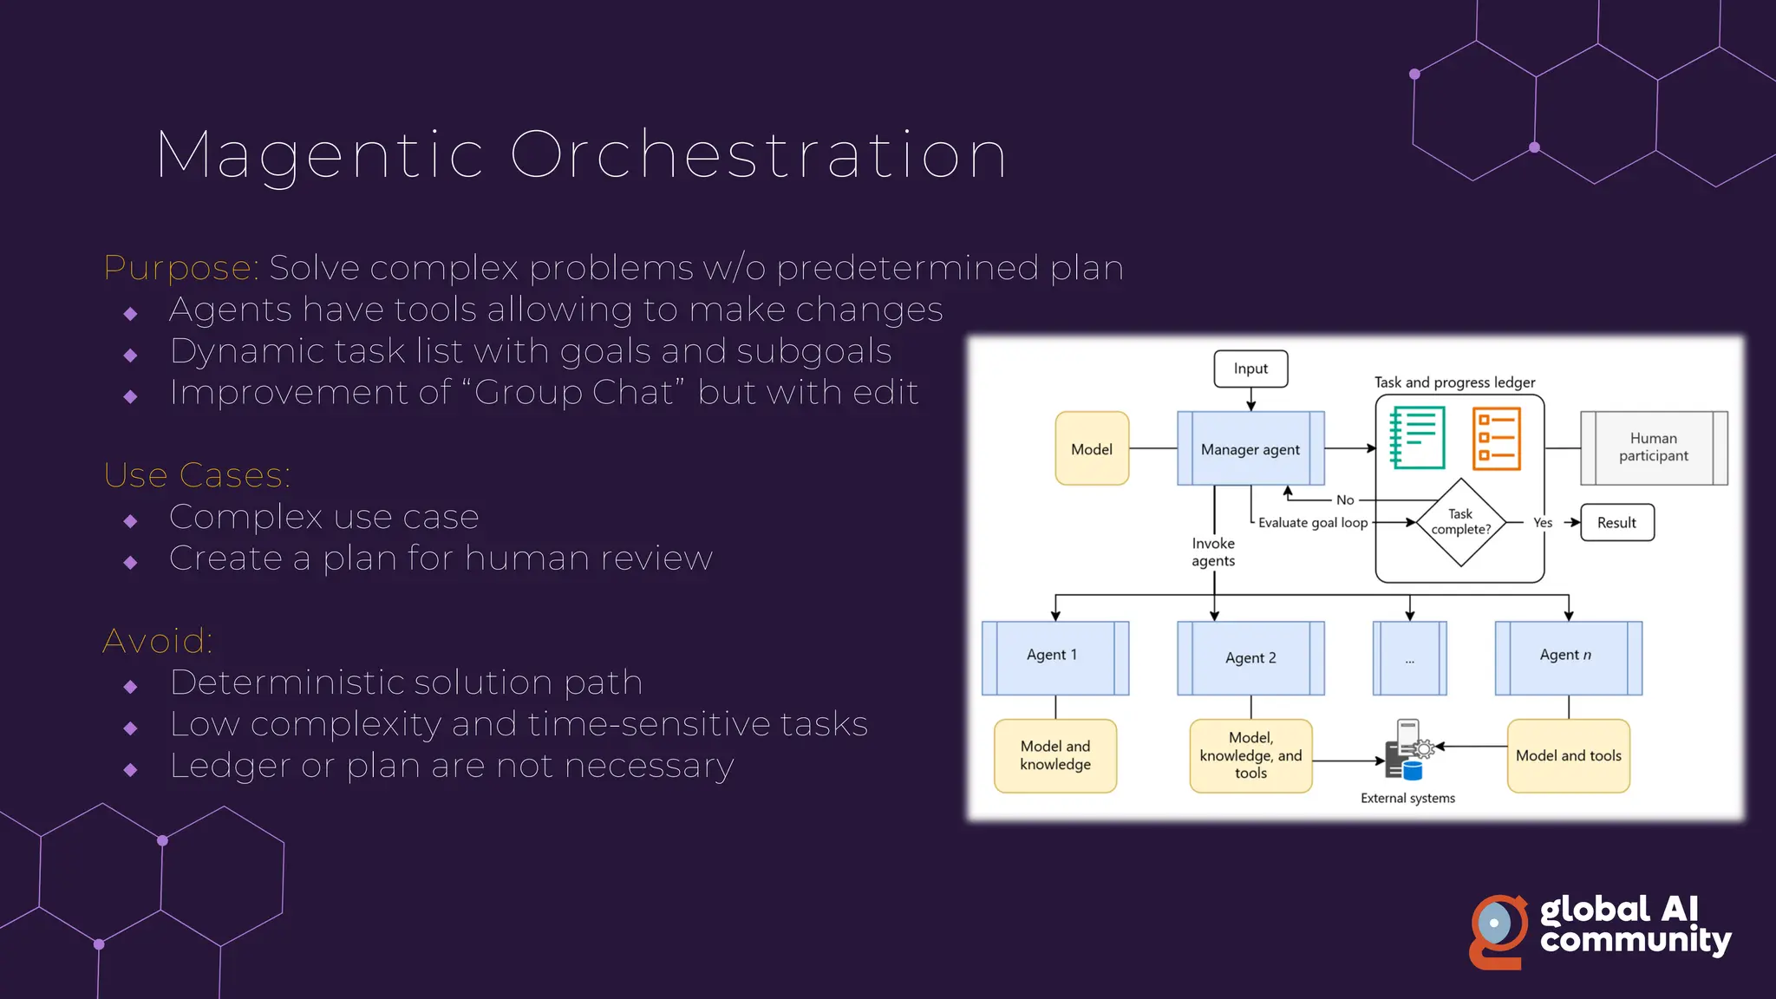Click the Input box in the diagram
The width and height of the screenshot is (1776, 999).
pyautogui.click(x=1250, y=369)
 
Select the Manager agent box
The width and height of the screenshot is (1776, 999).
pyautogui.click(x=1250, y=448)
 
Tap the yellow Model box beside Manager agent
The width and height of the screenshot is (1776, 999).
pyautogui.click(x=1092, y=448)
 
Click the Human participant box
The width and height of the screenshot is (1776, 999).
pyautogui.click(x=1654, y=447)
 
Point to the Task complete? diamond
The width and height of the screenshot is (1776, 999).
pyautogui.click(x=1461, y=522)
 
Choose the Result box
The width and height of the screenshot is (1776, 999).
pyautogui.click(x=1617, y=523)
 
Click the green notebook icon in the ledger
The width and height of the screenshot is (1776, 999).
pyautogui.click(x=1417, y=438)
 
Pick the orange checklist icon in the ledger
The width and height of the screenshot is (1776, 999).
pyautogui.click(x=1497, y=439)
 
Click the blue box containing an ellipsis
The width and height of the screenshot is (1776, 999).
pyautogui.click(x=1410, y=658)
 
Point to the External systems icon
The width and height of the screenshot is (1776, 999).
pyautogui.click(x=1407, y=750)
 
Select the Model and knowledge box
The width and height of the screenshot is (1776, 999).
pyautogui.click(x=1055, y=755)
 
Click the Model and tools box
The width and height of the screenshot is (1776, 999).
pyautogui.click(x=1568, y=755)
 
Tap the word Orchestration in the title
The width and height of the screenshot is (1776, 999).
pyautogui.click(x=758, y=156)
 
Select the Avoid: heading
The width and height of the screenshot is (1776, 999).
pyautogui.click(x=158, y=641)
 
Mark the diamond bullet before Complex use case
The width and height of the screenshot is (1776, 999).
pyautogui.click(x=131, y=521)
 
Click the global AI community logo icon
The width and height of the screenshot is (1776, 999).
pyautogui.click(x=1498, y=930)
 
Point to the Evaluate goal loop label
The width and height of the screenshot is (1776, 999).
pyautogui.click(x=1313, y=523)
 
